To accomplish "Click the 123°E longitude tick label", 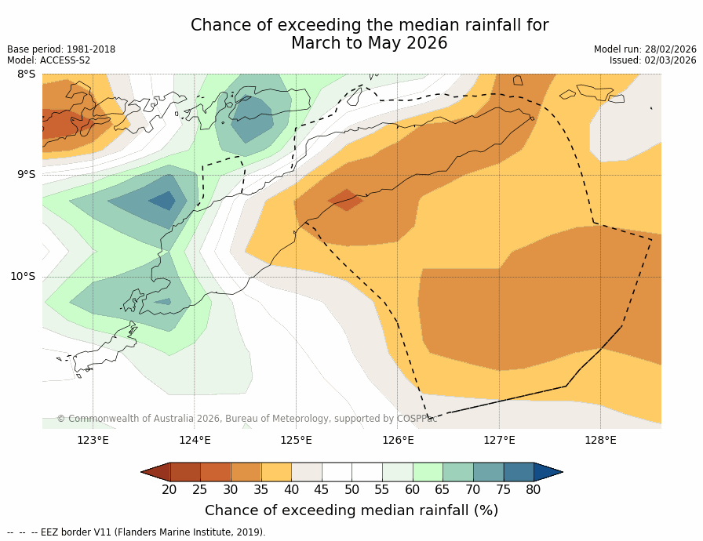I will pos(93,440).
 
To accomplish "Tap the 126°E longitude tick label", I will pos(398,440).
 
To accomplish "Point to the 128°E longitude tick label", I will pos(600,440).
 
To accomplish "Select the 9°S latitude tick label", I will pos(26,175).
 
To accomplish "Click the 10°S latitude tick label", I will pos(23,276).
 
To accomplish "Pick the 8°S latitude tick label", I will pos(26,74).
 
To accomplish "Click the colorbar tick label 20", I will pos(169,490).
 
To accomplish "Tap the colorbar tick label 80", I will pos(534,490).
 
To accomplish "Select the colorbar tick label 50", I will pos(351,490).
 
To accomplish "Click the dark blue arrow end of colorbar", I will pos(548,471).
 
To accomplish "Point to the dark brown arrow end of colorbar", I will pos(156,471).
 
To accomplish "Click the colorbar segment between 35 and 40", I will pos(276,471).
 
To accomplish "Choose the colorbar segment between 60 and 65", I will pos(428,471).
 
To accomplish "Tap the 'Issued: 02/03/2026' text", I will pos(653,60).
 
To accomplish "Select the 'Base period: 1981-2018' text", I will pos(61,49).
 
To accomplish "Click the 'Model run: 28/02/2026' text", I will pos(645,49).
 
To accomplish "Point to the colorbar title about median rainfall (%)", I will pos(351,510).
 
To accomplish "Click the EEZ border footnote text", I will pos(137,532).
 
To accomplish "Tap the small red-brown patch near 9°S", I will pos(345,199).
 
